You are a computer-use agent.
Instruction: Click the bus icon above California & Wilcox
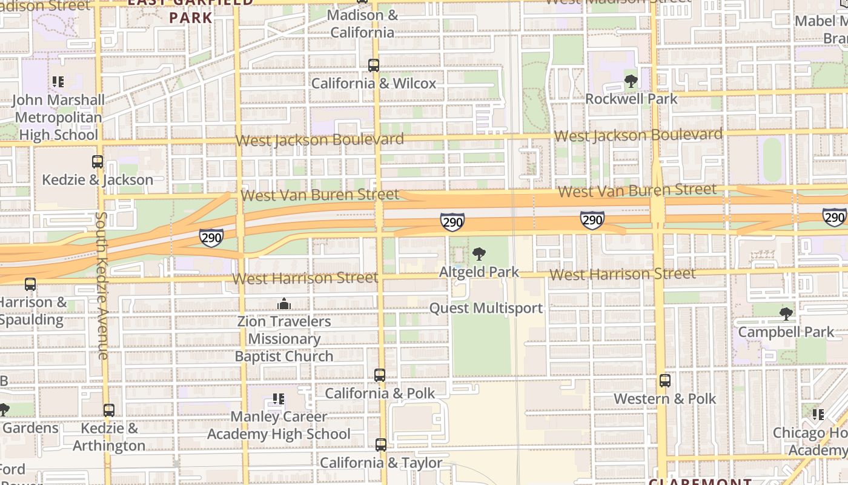374,65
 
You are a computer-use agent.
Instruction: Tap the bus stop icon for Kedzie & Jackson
98,162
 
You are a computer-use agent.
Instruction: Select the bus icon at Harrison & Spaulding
30,284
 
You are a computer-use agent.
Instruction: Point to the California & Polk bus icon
380,375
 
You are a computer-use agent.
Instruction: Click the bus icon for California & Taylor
380,445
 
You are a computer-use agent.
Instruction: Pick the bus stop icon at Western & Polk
665,381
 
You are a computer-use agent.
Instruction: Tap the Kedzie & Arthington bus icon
109,410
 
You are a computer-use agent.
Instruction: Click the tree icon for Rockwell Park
631,81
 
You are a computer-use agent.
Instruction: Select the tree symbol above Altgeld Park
479,253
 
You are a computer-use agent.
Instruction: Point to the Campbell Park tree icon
786,314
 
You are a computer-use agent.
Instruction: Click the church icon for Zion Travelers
283,303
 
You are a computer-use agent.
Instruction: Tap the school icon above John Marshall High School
58,81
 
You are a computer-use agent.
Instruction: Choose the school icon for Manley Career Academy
279,399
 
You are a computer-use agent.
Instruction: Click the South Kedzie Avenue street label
102,285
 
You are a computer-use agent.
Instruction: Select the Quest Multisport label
486,308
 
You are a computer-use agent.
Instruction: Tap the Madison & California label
363,23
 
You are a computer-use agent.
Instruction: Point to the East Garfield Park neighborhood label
190,9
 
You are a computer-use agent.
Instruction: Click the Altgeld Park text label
480,272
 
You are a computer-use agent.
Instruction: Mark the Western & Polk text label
665,399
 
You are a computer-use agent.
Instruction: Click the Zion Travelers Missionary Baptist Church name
284,339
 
